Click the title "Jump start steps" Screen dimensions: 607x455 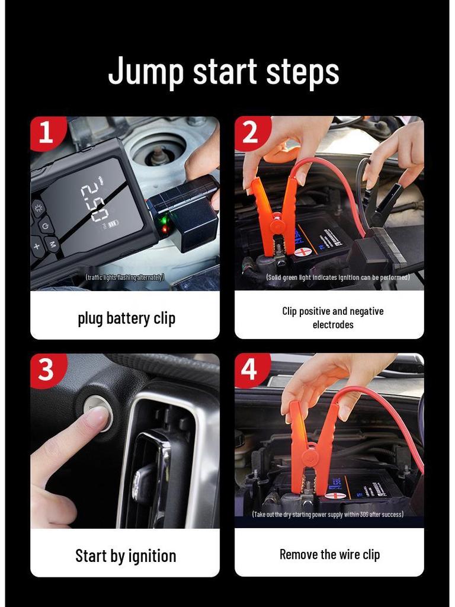pyautogui.click(x=224, y=71)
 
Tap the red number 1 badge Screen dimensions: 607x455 pyautogui.click(x=45, y=133)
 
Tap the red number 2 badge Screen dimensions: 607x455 pyautogui.click(x=250, y=133)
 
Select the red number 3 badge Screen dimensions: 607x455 pyautogui.click(x=46, y=370)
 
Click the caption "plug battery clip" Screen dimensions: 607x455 pyautogui.click(x=126, y=318)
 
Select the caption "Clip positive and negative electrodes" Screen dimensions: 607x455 pyautogui.click(x=332, y=318)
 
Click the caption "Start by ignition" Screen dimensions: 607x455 pyautogui.click(x=126, y=556)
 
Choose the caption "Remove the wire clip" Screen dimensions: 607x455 pyautogui.click(x=329, y=555)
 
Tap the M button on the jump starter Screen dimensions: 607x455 pyautogui.click(x=52, y=244)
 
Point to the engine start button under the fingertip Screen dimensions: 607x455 pyautogui.click(x=97, y=411)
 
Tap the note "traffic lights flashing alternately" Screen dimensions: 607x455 pyautogui.click(x=125, y=277)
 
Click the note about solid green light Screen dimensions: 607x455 pyautogui.click(x=338, y=277)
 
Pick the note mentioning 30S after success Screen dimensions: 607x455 pyautogui.click(x=328, y=515)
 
